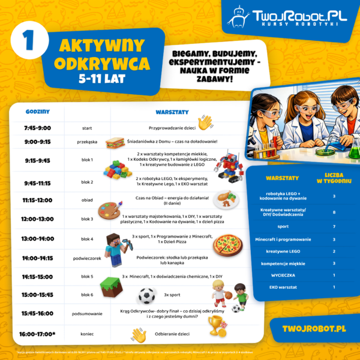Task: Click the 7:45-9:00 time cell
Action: (x=38, y=128)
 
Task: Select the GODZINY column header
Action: (x=38, y=112)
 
